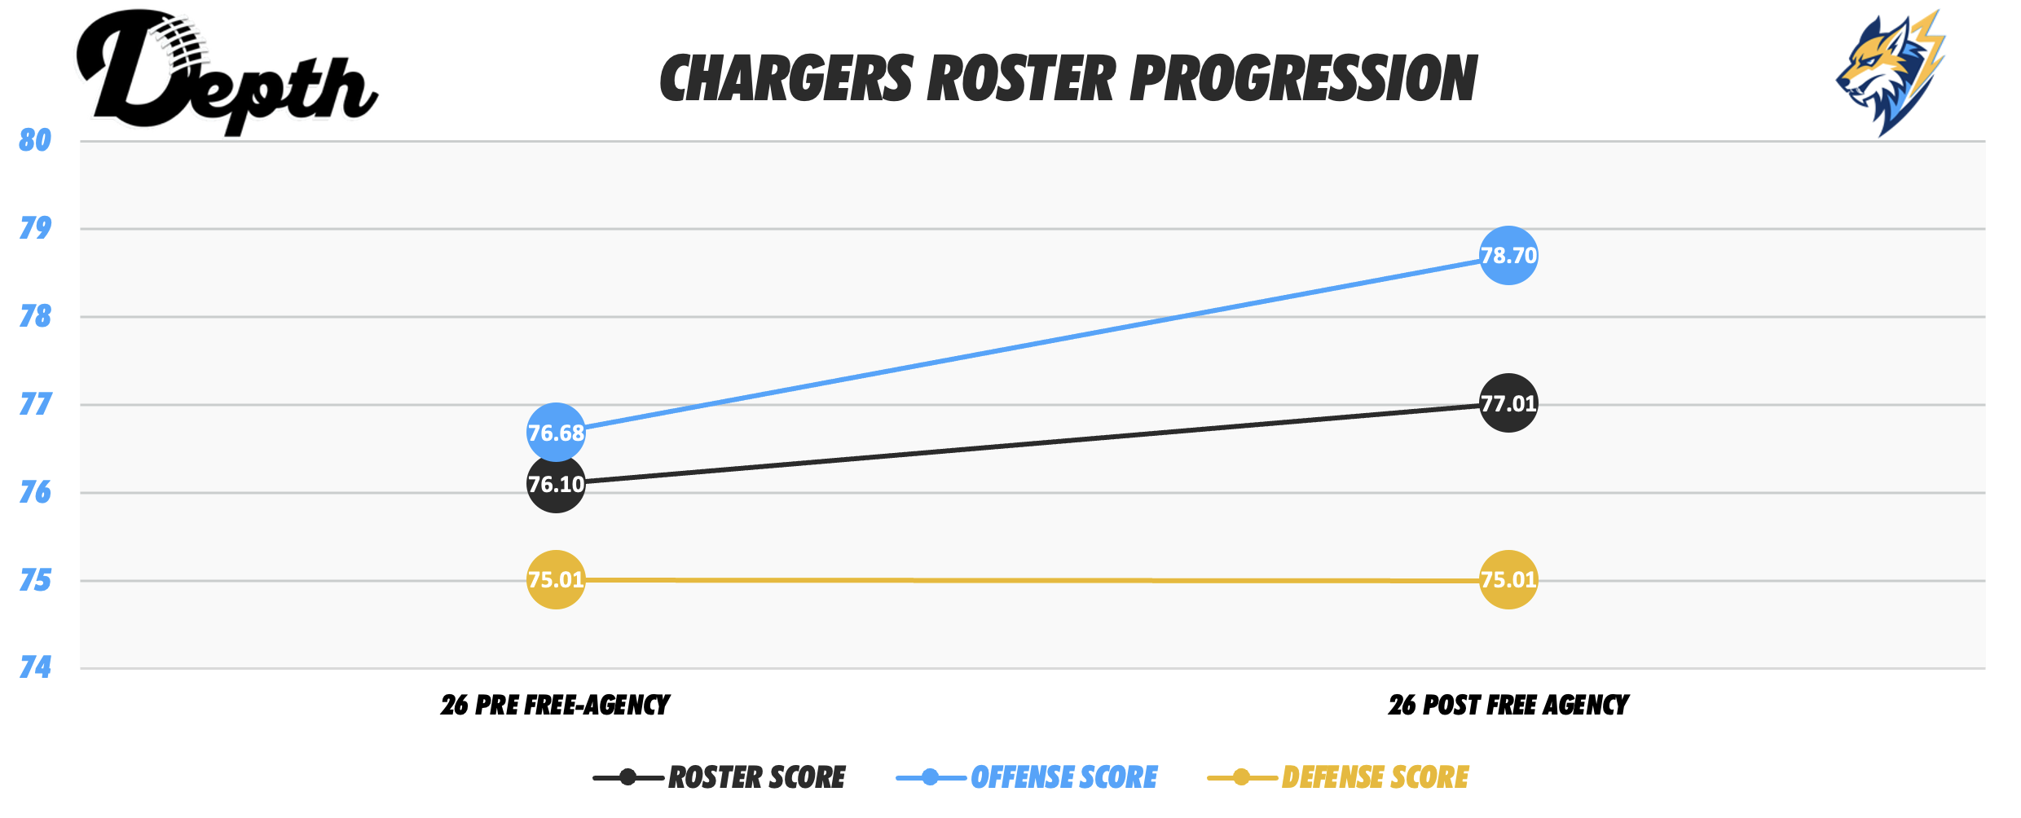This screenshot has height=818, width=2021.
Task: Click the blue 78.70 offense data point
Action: (1508, 256)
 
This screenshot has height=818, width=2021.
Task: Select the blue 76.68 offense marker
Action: (556, 433)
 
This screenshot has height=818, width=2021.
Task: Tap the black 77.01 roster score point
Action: (1508, 403)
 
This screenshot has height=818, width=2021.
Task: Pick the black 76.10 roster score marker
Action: (556, 484)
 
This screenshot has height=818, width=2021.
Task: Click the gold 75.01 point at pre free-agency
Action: (556, 579)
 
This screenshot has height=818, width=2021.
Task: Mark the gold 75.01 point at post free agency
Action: (1508, 579)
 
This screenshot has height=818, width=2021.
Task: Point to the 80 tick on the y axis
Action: (35, 140)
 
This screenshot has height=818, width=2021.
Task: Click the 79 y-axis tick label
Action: (35, 227)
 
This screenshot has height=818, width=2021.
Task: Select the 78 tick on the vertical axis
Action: (35, 316)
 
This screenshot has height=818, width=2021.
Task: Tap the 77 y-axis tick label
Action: (35, 404)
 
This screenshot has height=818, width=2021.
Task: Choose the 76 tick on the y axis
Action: (35, 492)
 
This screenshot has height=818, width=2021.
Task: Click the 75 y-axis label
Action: (35, 580)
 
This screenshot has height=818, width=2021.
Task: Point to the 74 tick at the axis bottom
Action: (35, 668)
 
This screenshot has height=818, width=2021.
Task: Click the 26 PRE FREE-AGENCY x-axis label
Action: (555, 705)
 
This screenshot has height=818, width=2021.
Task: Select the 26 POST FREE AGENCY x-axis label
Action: (1508, 705)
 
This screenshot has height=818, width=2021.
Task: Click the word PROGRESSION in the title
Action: (1303, 79)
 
